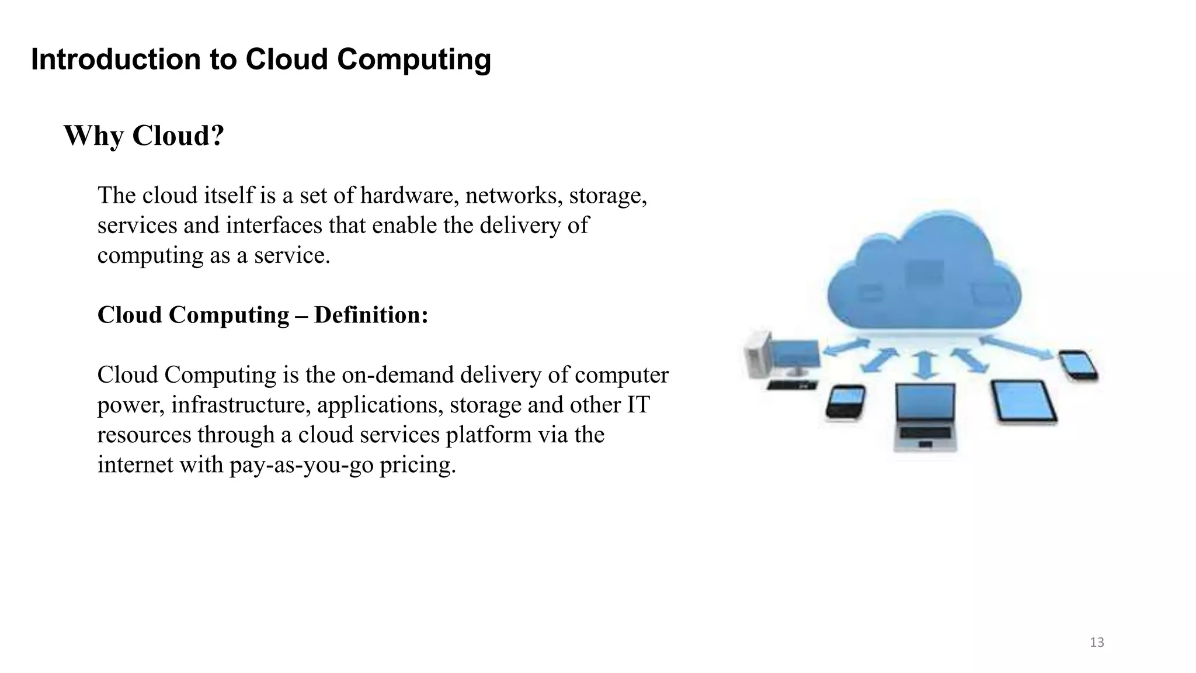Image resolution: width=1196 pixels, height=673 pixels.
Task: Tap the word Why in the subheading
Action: (x=93, y=136)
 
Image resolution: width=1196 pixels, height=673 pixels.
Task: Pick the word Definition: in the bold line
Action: (x=371, y=315)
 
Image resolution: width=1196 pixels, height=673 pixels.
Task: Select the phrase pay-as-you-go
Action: (x=301, y=465)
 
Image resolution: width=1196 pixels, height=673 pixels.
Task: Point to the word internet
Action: (x=135, y=465)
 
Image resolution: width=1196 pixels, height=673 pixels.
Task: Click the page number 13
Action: (x=1097, y=643)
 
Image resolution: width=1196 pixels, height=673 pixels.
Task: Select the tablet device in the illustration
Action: (x=1024, y=401)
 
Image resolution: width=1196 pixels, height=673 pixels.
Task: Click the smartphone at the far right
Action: (x=1078, y=365)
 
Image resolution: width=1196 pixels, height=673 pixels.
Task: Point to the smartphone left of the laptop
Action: (x=845, y=401)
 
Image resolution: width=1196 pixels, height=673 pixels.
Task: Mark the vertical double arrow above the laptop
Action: (x=924, y=365)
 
